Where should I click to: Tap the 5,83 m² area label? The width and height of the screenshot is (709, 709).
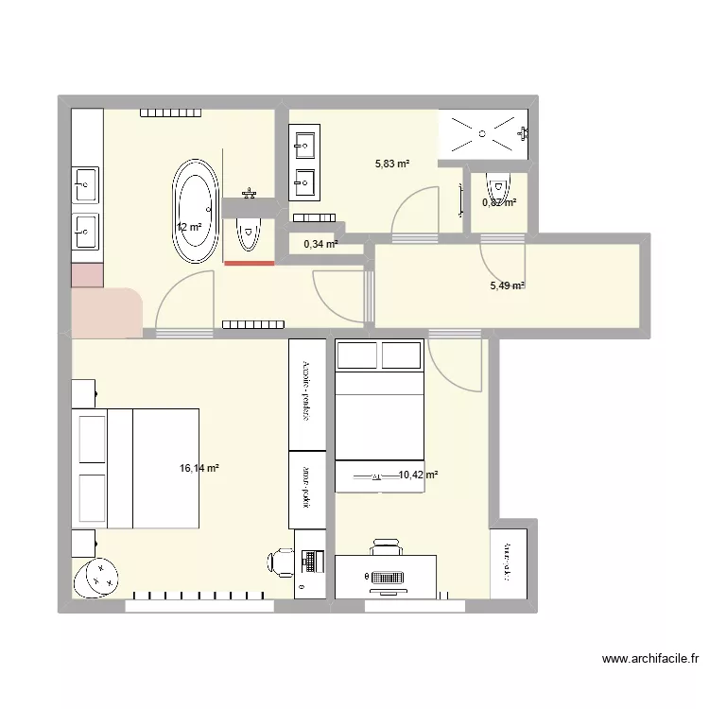392,164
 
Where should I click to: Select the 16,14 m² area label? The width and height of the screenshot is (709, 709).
199,468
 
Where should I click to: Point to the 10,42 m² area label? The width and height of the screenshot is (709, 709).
417,476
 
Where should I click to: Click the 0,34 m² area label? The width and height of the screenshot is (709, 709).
320,244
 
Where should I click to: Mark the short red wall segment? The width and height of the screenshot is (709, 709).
249,264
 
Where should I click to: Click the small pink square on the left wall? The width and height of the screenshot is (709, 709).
86,275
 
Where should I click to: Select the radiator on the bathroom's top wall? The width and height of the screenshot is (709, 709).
171,113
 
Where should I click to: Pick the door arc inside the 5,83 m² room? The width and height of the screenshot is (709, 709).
413,208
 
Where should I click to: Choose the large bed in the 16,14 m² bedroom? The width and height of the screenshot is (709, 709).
138,468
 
